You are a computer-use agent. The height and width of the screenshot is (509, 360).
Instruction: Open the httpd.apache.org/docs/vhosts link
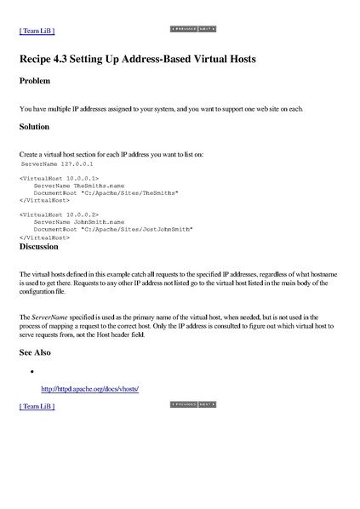[x=89, y=389]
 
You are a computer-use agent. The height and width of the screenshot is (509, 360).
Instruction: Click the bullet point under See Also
[x=31, y=372]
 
